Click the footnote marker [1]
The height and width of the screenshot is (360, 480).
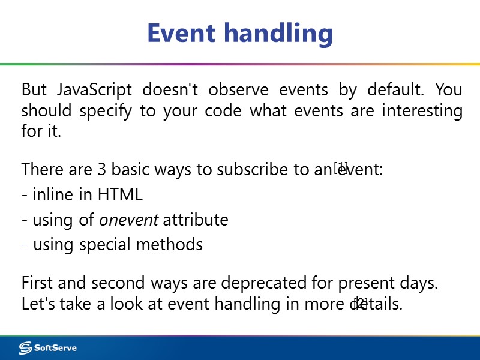(341, 167)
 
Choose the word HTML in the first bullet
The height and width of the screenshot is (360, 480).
(122, 195)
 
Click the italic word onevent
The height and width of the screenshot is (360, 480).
(128, 220)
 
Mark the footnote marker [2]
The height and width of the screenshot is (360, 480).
(361, 303)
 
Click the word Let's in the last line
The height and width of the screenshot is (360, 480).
(37, 304)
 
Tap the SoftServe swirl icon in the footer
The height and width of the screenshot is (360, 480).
(25, 348)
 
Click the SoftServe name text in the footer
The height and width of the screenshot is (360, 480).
(55, 348)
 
